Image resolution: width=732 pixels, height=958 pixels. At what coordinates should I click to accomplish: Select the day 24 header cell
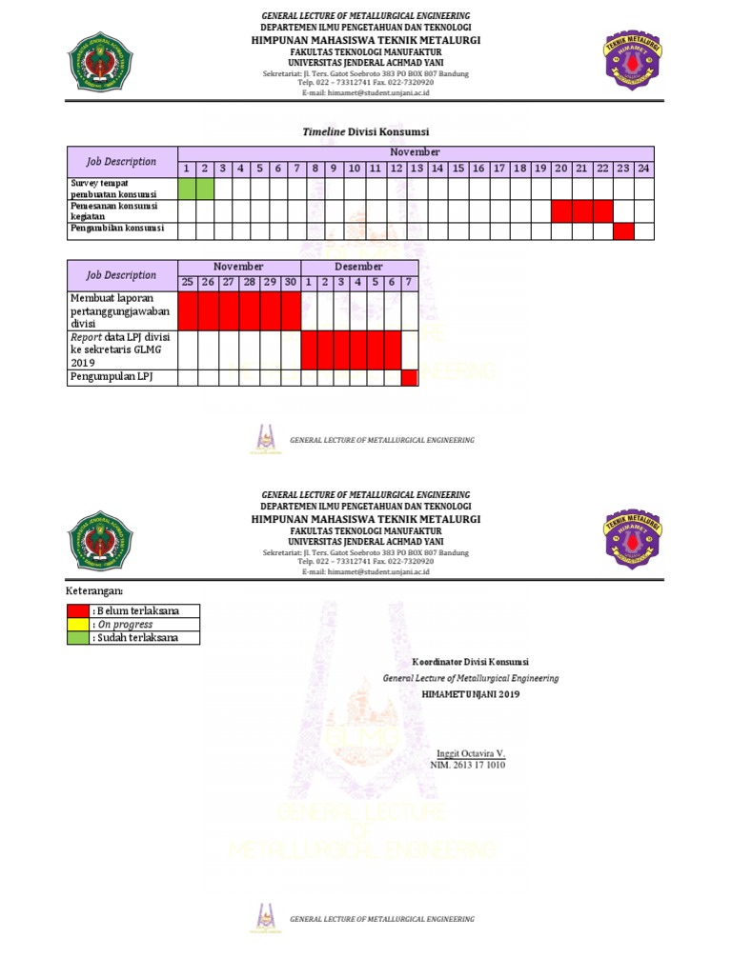coord(644,169)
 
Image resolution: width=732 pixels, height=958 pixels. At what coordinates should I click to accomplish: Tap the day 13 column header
coord(417,169)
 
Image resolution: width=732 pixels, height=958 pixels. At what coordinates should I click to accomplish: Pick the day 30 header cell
coord(291,283)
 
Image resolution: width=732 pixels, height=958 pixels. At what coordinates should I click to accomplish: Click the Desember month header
coord(359,267)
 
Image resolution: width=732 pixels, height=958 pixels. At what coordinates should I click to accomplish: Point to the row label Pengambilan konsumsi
coord(117,229)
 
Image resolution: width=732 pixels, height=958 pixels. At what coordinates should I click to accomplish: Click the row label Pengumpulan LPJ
coord(111,377)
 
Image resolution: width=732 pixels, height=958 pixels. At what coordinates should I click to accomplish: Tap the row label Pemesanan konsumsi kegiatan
coord(112,210)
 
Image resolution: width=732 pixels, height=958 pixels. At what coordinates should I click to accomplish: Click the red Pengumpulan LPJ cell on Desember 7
coord(410,378)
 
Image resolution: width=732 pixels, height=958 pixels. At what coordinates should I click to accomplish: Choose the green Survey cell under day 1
coord(187,188)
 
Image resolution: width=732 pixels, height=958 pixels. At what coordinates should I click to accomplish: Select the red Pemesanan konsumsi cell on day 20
coord(561,210)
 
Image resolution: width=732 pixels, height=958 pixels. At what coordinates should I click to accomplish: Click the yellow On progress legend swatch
coord(78,625)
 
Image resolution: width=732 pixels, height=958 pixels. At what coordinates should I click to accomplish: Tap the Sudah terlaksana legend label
coord(134,638)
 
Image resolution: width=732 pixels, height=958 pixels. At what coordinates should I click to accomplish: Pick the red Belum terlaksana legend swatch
coord(78,610)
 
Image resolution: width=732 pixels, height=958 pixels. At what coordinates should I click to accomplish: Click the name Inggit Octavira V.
coord(469,753)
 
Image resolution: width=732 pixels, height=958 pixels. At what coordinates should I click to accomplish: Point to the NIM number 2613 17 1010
coord(468,765)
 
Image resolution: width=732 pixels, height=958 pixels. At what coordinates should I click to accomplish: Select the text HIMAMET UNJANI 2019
coord(471,695)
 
